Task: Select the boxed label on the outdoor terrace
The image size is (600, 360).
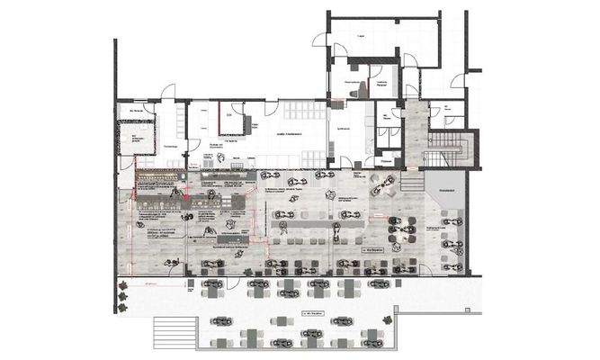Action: [x=315, y=314]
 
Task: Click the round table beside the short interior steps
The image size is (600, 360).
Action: [x=388, y=184]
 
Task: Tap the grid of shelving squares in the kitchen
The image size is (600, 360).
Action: [x=303, y=112]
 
